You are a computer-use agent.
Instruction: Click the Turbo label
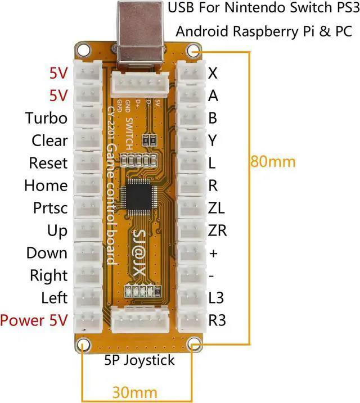(46, 118)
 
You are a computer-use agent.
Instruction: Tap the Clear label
(49, 141)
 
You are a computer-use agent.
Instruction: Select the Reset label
(48, 163)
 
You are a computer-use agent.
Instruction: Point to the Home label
(46, 185)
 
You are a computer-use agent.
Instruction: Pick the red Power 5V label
(34, 320)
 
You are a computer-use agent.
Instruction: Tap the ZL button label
(216, 208)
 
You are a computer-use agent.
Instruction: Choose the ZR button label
(217, 230)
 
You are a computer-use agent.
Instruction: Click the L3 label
(217, 298)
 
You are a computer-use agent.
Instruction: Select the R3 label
(217, 321)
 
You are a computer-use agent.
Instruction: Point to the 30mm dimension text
(134, 392)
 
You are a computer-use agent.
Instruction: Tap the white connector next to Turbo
(88, 117)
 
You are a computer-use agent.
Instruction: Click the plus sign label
(213, 253)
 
